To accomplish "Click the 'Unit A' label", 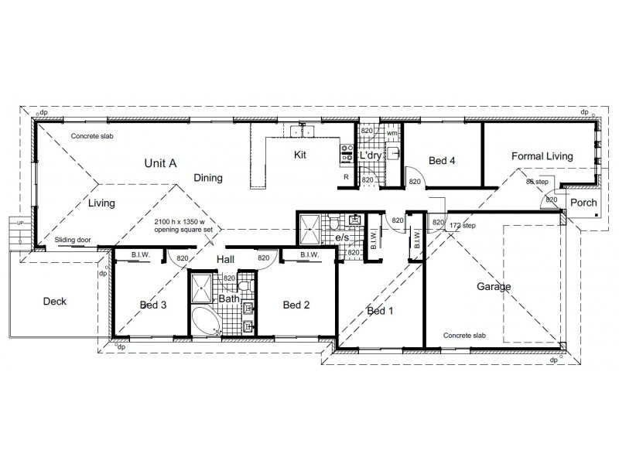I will tap(161, 163).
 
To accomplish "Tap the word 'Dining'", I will tap(208, 178).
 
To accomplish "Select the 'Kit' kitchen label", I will tap(300, 155).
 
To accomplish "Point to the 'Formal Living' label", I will tap(542, 156).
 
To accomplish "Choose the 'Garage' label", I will tap(493, 287).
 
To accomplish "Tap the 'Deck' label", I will tap(55, 302).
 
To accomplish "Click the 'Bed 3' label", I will tap(152, 305).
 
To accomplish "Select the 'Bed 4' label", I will tap(441, 161).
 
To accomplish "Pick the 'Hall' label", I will tap(225, 259).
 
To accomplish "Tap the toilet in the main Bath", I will tap(244, 287).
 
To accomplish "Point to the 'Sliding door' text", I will tap(73, 241).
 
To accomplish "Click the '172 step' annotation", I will tap(463, 225).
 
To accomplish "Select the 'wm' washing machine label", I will tap(392, 134).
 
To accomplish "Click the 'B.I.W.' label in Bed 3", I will tap(140, 254).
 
